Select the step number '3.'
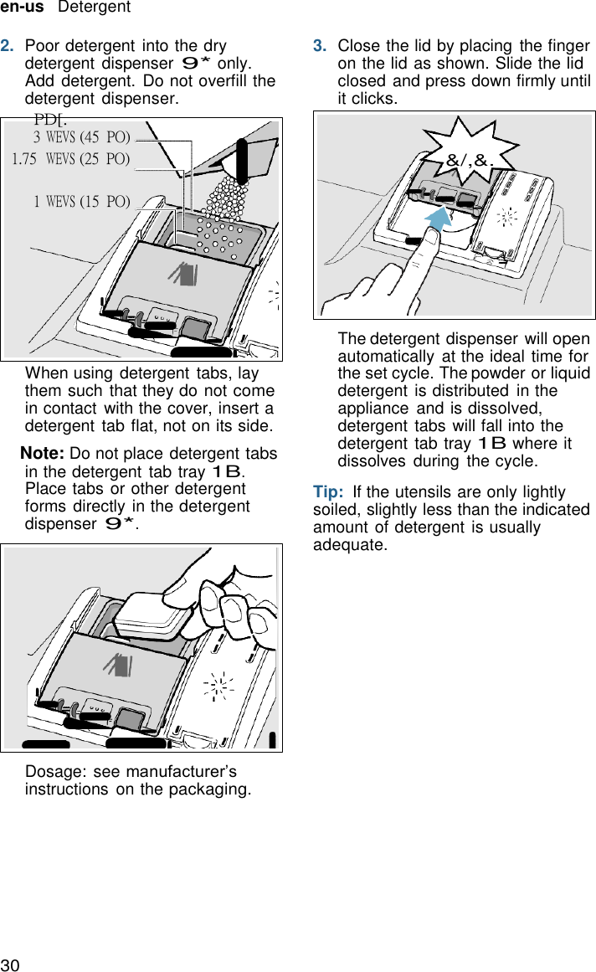(320, 46)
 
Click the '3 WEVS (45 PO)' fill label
(81, 136)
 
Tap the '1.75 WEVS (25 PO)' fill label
(71, 158)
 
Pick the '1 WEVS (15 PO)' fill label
(81, 201)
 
